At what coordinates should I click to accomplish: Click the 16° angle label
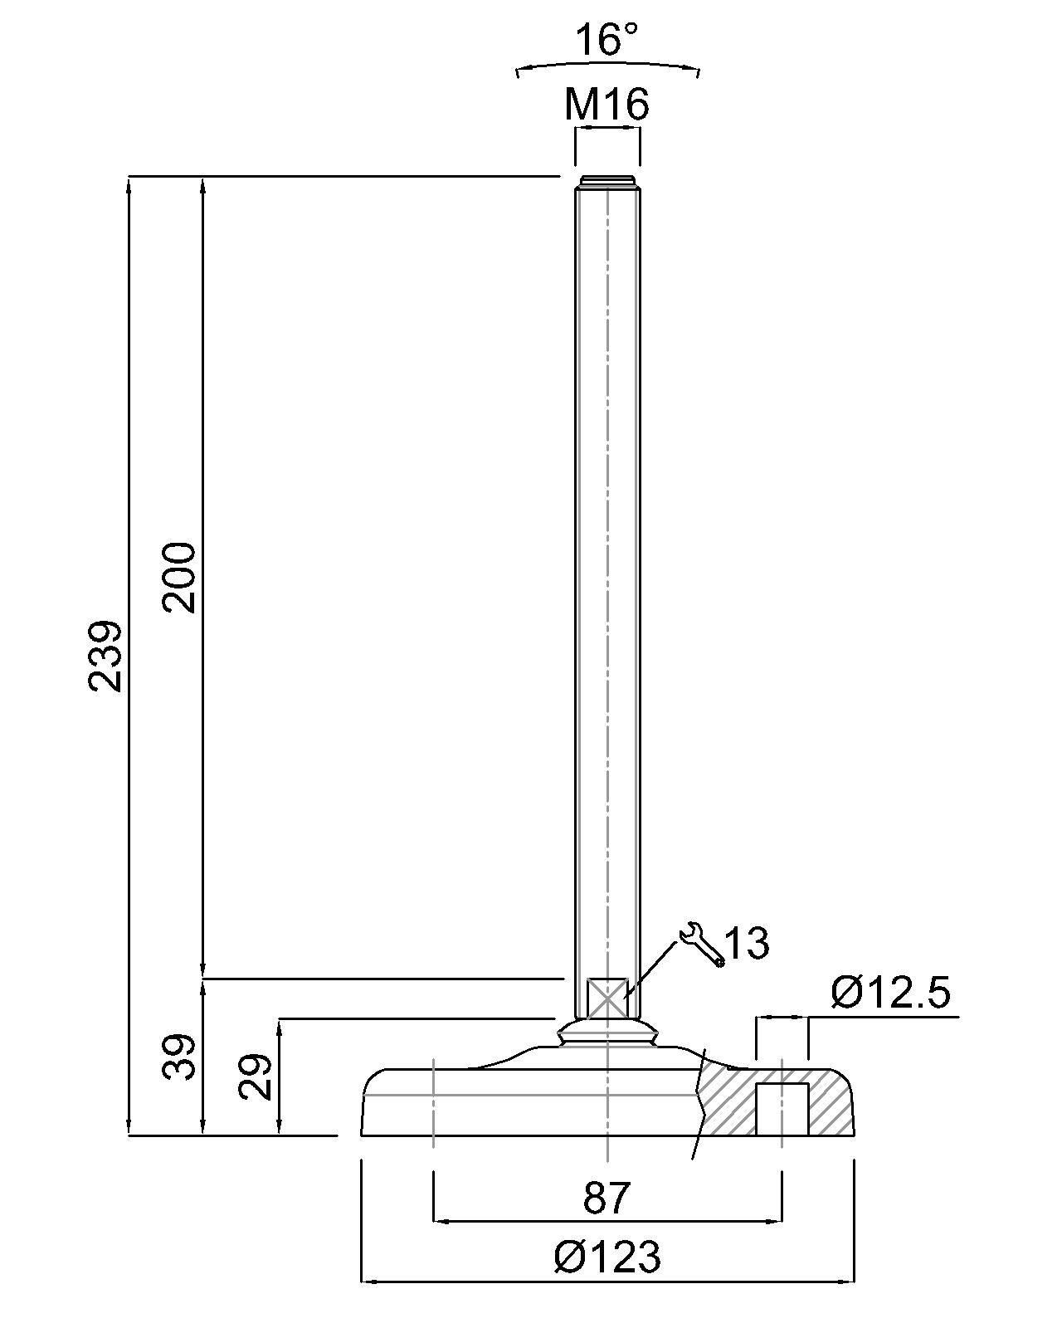[607, 40]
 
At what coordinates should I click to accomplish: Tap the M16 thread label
[607, 105]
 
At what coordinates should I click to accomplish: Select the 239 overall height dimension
[105, 655]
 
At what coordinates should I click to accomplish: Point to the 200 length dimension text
[179, 578]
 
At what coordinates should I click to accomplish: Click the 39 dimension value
[178, 1057]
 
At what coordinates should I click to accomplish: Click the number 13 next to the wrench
[747, 943]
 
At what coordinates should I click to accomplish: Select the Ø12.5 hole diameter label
[889, 993]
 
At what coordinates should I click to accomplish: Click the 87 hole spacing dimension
[607, 1198]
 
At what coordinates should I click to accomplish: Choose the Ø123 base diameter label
[607, 1257]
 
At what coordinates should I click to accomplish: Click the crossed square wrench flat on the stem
[607, 998]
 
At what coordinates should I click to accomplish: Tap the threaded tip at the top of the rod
[607, 181]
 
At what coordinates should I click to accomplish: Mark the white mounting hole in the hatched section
[782, 1109]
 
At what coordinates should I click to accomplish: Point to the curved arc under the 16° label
[607, 64]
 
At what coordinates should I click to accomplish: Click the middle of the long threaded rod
[607, 581]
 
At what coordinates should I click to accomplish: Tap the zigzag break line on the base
[701, 1104]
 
